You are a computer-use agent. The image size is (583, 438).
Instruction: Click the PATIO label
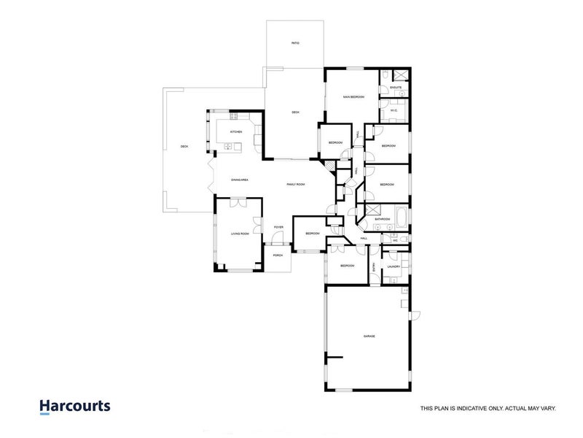(295, 44)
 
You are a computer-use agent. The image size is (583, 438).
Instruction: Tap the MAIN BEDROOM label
(353, 97)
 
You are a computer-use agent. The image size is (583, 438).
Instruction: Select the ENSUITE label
(396, 87)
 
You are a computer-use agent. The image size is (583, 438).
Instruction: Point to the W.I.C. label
(394, 111)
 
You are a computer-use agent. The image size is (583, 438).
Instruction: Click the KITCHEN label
(235, 131)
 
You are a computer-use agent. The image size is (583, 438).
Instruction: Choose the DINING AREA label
(240, 179)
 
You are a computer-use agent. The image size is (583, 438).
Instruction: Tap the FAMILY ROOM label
(295, 185)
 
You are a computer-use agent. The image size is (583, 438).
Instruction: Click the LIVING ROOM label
(240, 234)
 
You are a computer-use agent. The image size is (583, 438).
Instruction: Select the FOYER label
(278, 228)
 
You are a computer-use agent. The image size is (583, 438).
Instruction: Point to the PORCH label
(278, 255)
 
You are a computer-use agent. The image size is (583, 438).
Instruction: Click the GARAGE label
(369, 337)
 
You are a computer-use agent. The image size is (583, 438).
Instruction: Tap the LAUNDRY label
(394, 267)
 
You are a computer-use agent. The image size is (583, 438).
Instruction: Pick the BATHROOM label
(383, 219)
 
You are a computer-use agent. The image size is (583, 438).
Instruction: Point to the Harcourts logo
(74, 407)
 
